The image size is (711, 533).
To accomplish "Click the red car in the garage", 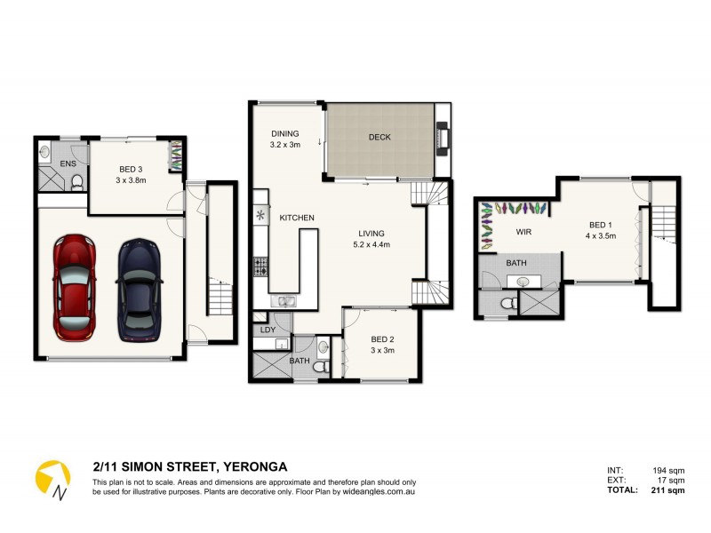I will point(74,286).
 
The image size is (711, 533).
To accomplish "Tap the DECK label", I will point(379,137).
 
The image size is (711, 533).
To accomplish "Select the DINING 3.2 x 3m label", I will point(285,139).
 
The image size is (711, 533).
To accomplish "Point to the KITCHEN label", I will point(297,218).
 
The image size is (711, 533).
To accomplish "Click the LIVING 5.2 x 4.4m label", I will point(371,238).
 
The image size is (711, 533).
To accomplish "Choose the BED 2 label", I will point(382,345).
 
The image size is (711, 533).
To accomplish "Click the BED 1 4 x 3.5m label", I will point(601,230).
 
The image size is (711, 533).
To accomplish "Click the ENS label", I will point(68,165).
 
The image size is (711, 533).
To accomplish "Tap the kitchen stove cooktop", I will point(261,264).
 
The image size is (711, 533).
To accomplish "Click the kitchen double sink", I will point(285,302).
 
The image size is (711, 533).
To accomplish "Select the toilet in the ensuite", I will point(77,182).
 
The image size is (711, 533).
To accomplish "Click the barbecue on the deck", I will point(442,138).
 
